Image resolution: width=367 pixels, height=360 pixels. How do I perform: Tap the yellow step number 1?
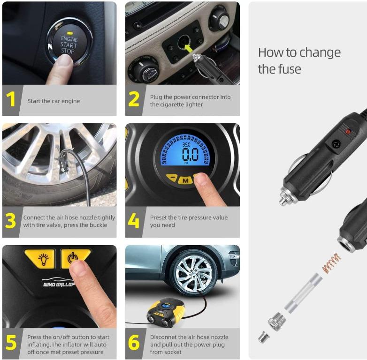11,99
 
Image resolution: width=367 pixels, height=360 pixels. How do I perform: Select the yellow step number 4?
134,220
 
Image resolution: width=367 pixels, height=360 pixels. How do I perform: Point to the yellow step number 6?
134,343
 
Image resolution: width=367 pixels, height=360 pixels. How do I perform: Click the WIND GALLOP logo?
58,283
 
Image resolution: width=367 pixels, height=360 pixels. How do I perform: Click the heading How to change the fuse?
299,60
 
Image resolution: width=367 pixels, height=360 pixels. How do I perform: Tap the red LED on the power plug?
348,132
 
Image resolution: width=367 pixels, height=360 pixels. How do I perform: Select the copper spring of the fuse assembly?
331,262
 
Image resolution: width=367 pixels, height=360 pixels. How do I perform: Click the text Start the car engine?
54,101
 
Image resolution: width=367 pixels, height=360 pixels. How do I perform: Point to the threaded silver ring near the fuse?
277,322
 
